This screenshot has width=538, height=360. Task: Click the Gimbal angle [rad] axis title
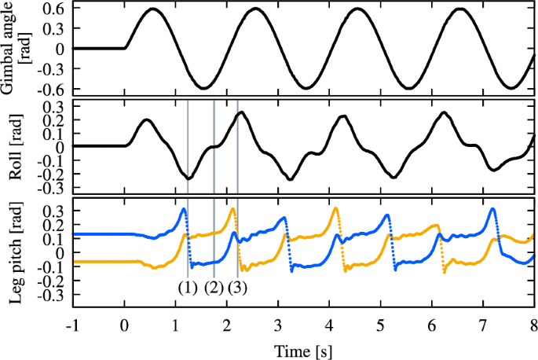15,46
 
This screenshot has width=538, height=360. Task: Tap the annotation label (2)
214,287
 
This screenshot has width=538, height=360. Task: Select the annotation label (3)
238,287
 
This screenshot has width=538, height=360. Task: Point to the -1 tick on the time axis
72,325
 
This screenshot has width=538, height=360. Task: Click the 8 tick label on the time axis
533,325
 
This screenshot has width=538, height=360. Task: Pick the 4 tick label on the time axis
329,325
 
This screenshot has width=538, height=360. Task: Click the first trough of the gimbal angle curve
204,87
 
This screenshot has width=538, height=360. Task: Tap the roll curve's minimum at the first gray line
188,178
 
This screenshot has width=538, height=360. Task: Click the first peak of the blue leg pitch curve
184,209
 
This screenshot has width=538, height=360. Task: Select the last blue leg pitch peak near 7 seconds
492,209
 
